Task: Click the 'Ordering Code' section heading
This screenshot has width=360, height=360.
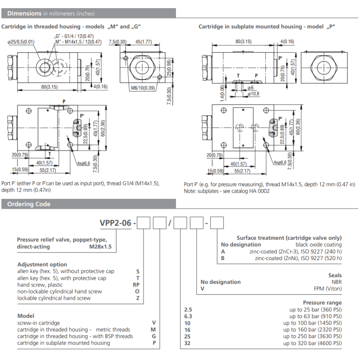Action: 28,204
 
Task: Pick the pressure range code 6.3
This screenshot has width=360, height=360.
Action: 189,316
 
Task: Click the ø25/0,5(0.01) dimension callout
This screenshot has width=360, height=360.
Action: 22,42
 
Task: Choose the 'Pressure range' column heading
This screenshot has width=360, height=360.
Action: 322,303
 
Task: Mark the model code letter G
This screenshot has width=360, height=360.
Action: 153,336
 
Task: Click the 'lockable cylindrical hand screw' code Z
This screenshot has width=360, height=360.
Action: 137,298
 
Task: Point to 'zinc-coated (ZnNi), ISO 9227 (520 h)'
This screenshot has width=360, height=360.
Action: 298,258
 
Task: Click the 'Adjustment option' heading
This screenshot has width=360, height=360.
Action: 42,265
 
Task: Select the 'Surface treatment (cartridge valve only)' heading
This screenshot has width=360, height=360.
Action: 289,238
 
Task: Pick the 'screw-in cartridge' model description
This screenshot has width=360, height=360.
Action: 39,323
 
